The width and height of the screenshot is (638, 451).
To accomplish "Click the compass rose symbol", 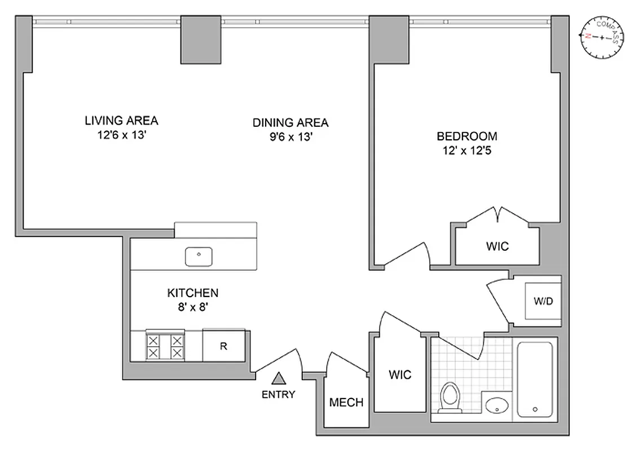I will click(x=602, y=37).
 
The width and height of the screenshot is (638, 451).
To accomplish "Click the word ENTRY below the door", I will click(x=278, y=395).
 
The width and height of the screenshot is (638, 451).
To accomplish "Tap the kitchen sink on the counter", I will click(x=199, y=257).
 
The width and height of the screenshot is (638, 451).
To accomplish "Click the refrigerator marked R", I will click(x=223, y=346).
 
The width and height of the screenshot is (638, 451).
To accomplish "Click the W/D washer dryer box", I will click(x=543, y=301).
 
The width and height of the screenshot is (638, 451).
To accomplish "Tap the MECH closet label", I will click(x=346, y=403).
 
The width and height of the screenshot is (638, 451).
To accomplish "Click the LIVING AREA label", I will click(x=121, y=121).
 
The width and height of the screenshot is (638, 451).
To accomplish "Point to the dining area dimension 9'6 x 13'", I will click(x=290, y=137).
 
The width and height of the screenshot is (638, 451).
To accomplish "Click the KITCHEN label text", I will click(x=192, y=293).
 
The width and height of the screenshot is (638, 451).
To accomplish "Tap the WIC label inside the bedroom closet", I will click(x=497, y=246).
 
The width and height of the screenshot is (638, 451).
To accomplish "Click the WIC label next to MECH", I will click(x=400, y=374).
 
